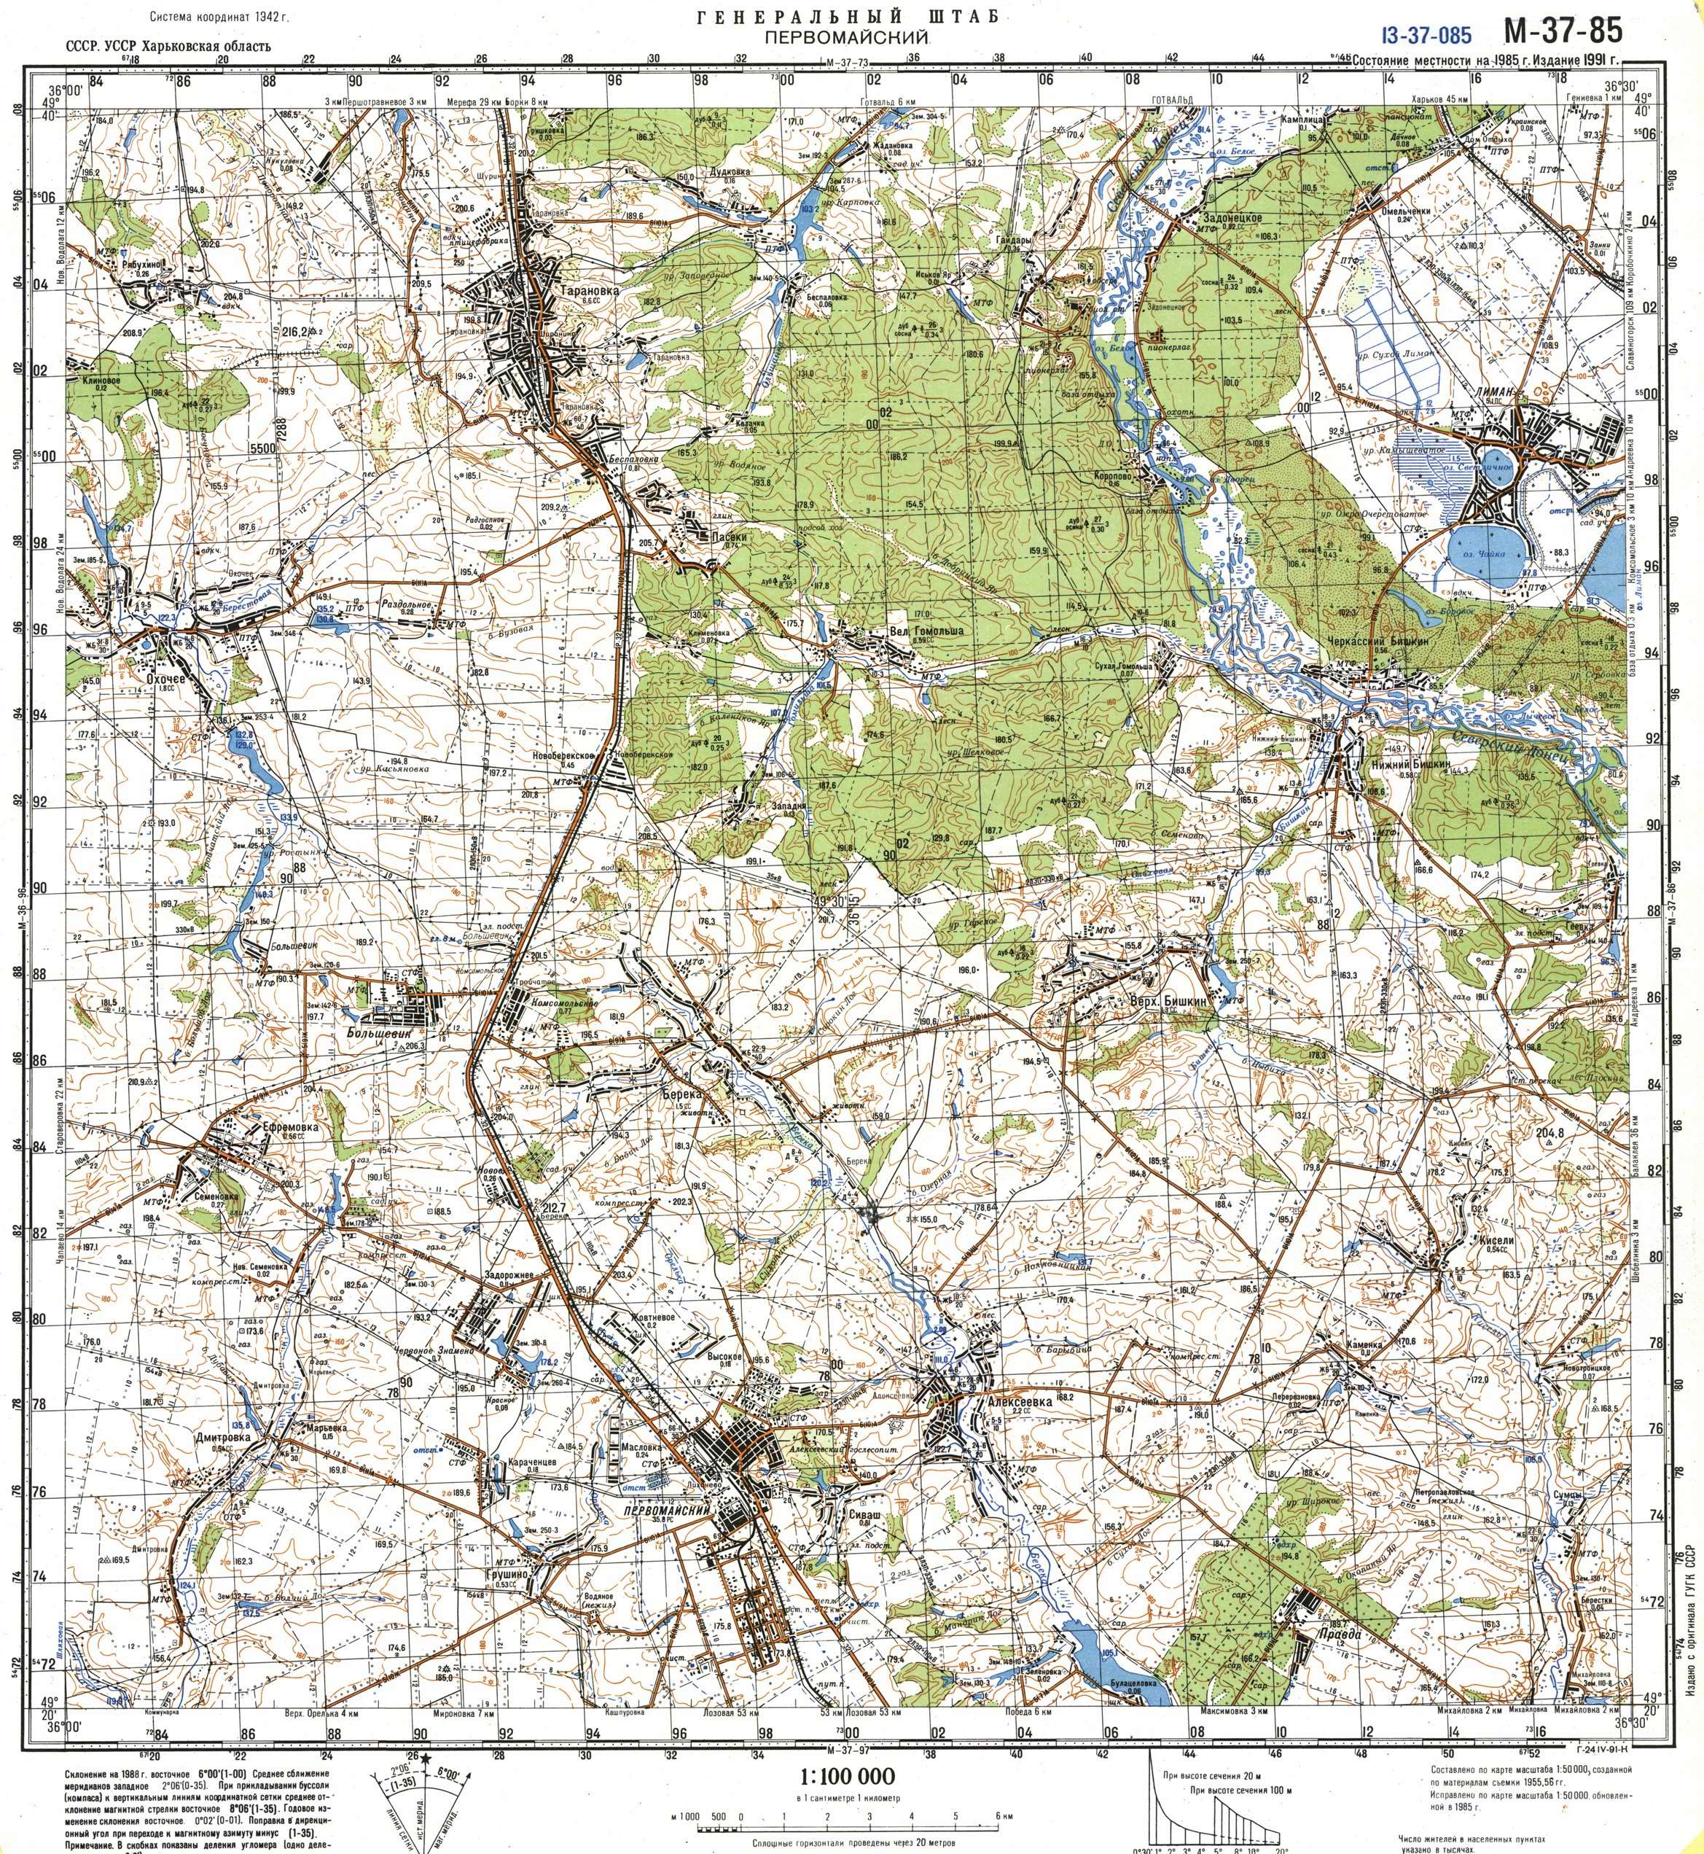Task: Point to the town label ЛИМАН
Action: click(x=1494, y=392)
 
